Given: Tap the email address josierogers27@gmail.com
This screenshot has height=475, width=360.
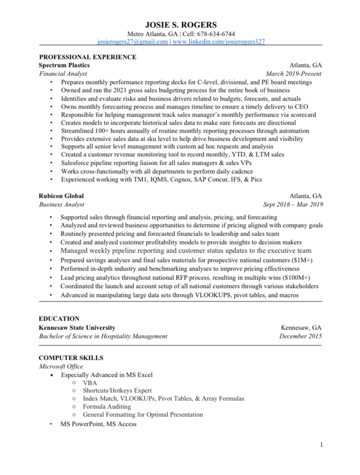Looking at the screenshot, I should [133, 42].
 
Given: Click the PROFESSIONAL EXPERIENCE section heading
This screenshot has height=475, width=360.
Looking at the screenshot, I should [88, 57].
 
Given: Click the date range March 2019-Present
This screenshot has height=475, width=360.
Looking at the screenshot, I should [293, 74].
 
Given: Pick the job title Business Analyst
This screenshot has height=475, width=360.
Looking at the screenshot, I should [61, 204].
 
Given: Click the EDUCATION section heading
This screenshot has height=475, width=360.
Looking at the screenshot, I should [59, 319].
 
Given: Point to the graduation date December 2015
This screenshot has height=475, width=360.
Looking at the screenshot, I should [300, 336].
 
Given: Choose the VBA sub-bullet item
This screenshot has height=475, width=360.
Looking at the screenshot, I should [89, 382].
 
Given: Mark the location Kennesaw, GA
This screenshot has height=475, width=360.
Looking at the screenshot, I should [301, 327].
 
